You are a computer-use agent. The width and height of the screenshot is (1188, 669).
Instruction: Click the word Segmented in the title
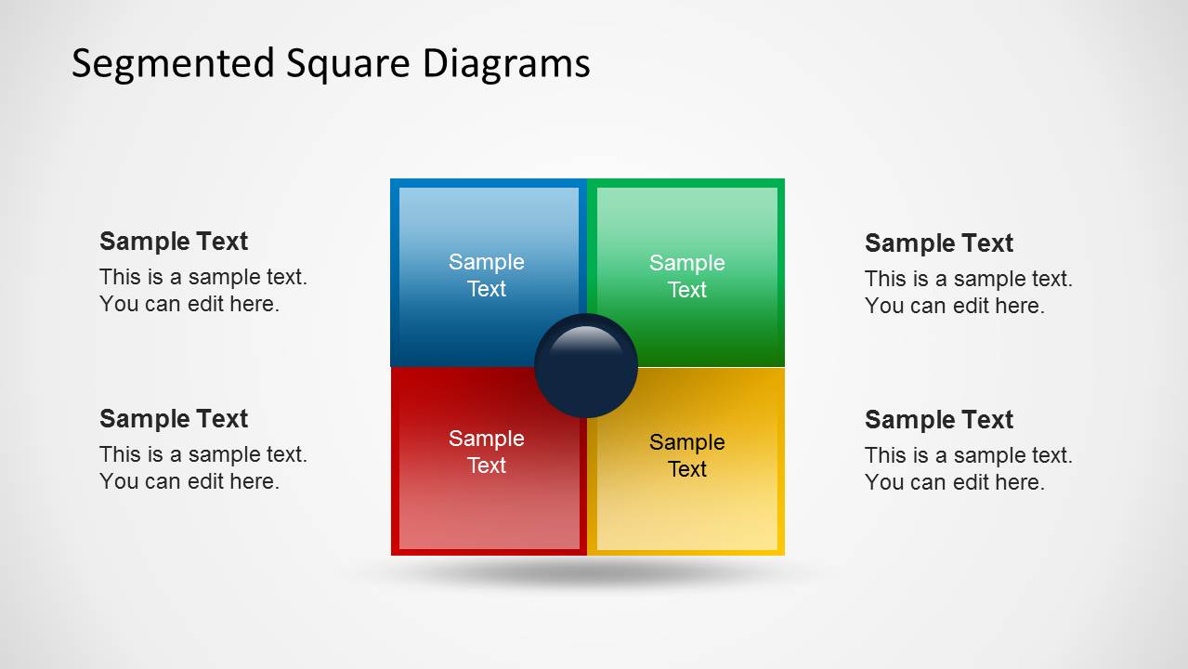[173, 64]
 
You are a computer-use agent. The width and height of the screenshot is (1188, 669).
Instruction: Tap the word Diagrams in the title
[506, 64]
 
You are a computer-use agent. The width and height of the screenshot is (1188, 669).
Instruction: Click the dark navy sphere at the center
[586, 372]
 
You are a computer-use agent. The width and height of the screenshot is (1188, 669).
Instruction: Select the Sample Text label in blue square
[487, 275]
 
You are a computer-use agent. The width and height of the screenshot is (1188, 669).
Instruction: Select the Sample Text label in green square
[687, 276]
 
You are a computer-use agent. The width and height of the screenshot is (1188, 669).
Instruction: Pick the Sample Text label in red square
[487, 452]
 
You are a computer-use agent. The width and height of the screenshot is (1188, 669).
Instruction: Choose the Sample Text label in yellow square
[687, 455]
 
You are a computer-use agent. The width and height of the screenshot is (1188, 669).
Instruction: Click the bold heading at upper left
[174, 242]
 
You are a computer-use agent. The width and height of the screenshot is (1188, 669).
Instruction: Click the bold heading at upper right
[939, 243]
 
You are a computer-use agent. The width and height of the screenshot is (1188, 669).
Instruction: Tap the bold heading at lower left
[174, 419]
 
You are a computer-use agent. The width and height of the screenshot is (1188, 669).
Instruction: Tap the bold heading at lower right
[939, 420]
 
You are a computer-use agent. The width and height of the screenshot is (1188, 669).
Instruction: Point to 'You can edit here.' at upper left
[189, 304]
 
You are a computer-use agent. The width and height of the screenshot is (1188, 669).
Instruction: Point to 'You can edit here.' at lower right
[955, 482]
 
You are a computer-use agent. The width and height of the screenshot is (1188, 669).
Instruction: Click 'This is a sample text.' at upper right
[969, 279]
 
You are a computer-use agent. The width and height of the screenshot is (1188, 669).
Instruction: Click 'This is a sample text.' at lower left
[203, 454]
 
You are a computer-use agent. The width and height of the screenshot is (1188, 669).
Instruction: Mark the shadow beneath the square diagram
[586, 572]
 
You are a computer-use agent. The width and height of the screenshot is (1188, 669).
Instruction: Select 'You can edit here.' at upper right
[955, 306]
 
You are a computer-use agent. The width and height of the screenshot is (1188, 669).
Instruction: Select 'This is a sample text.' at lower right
[969, 455]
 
